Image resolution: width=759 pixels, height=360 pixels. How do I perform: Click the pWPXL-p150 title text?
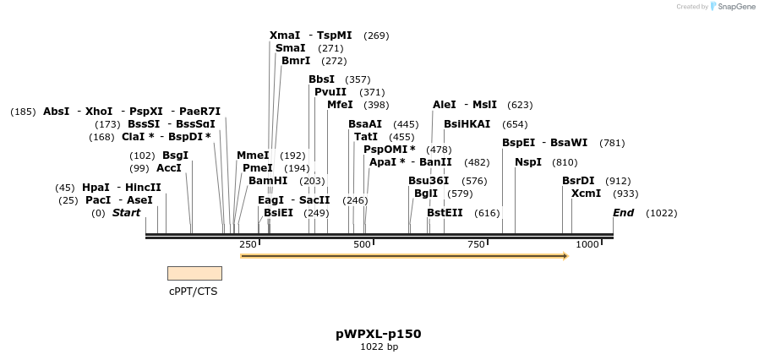(x=378, y=334)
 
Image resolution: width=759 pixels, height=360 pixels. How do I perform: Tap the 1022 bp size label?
(x=379, y=346)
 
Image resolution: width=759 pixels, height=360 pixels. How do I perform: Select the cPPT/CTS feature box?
(x=194, y=273)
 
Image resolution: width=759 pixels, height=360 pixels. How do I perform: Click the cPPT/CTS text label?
(x=194, y=292)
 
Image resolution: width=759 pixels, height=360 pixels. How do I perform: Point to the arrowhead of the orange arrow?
(x=565, y=255)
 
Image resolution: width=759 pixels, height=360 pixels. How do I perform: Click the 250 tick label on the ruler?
(x=248, y=244)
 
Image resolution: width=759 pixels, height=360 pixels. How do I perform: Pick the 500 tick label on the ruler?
(x=363, y=244)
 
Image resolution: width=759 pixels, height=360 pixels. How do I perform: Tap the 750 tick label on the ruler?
(x=476, y=244)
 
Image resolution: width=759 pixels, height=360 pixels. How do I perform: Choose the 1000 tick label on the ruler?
(x=587, y=244)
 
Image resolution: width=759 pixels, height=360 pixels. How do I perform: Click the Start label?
(x=127, y=213)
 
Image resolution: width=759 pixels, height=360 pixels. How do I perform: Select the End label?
(x=624, y=213)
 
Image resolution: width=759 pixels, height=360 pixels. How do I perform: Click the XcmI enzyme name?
(x=586, y=194)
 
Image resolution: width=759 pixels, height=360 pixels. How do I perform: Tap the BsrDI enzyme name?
(x=579, y=181)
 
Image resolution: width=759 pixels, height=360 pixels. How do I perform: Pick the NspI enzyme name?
(x=528, y=162)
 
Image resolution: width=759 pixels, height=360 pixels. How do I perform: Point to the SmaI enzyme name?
(x=291, y=48)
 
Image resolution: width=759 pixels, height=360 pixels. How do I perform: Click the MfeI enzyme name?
(x=340, y=105)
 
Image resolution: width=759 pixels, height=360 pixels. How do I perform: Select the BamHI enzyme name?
(x=268, y=181)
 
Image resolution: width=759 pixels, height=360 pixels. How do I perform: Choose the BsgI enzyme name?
(x=175, y=155)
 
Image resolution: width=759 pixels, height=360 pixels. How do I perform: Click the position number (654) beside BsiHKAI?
(x=515, y=124)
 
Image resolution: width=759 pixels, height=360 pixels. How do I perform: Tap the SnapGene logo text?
(x=737, y=7)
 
